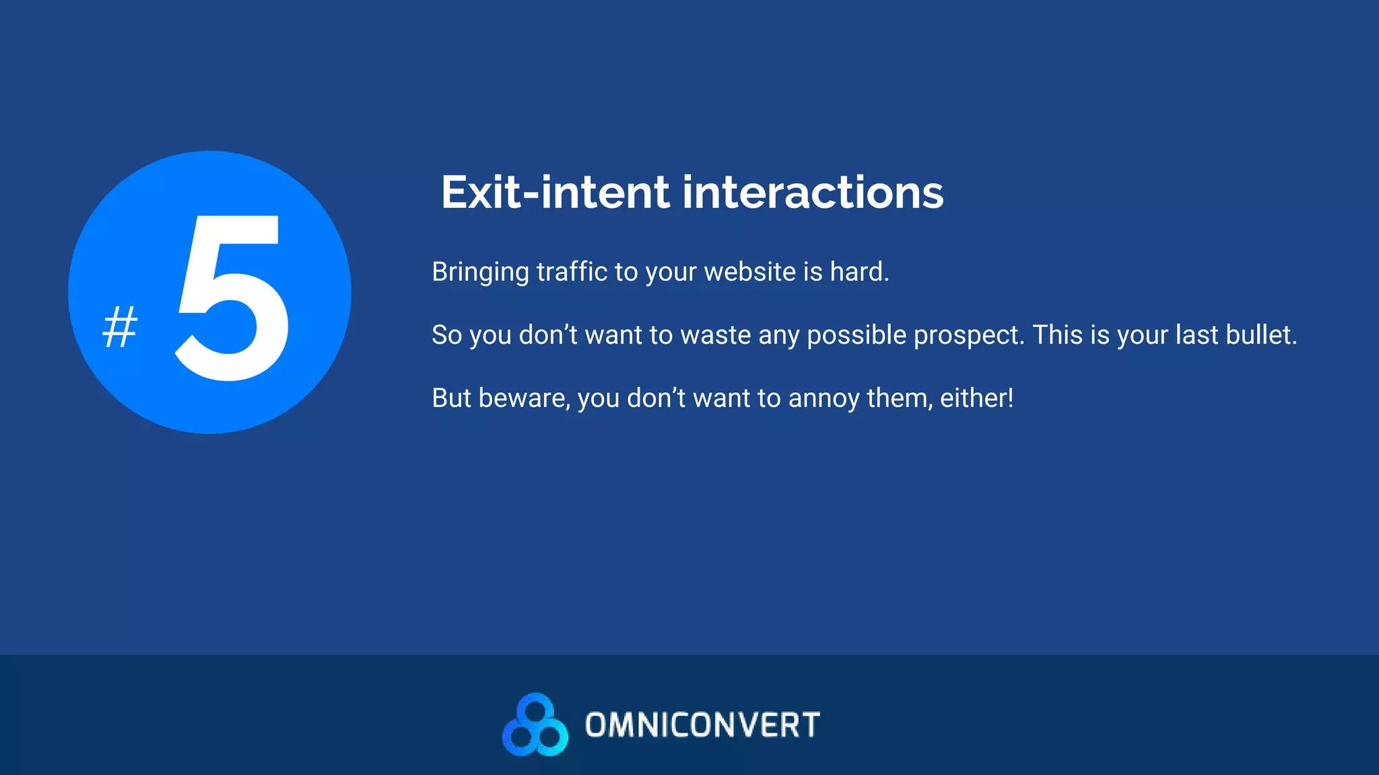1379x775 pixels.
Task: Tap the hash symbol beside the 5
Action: click(120, 327)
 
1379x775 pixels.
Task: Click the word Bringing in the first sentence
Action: click(480, 272)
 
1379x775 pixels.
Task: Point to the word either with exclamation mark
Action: click(976, 398)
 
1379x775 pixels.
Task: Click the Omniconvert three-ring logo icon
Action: click(535, 725)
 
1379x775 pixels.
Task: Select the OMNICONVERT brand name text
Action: click(702, 725)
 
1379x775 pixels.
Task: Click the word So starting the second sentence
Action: click(446, 335)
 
